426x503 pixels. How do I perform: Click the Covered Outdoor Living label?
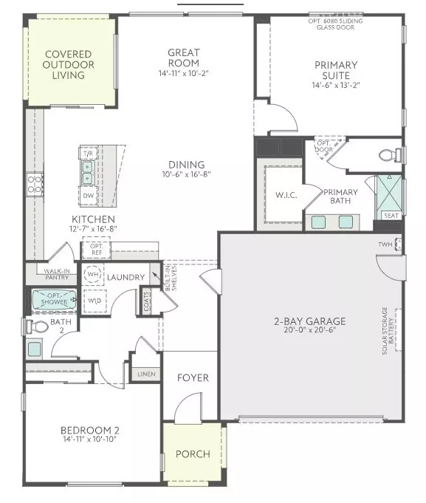coord(68,65)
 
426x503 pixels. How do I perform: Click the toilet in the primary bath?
coord(389,155)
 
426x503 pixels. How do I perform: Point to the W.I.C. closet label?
coord(286,196)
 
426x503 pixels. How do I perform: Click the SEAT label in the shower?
coord(390,216)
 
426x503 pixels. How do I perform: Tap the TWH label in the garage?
coord(385,244)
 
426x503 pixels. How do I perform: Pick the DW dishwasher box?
coord(88,196)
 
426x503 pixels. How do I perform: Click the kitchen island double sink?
coord(87,172)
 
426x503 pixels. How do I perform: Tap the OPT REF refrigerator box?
coord(95,249)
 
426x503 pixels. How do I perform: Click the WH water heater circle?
coord(94,275)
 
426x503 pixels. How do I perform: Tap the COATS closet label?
coord(148,301)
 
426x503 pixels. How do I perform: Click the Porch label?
coord(193,454)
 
